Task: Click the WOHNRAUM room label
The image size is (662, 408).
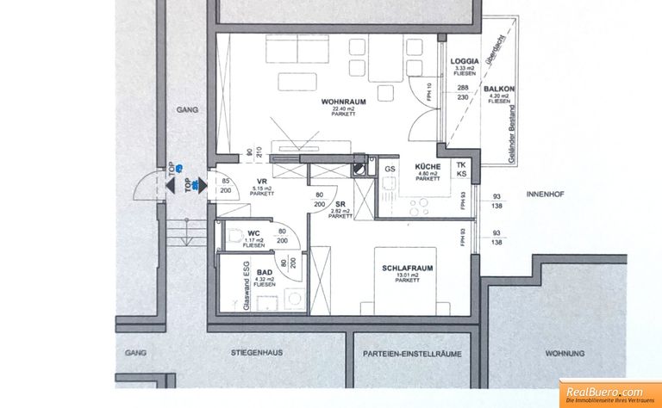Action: coord(339,102)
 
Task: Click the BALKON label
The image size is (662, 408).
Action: coord(499,89)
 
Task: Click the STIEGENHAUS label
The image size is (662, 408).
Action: coord(256,353)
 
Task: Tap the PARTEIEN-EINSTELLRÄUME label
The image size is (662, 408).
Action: coord(412,353)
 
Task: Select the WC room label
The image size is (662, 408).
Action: coord(254,233)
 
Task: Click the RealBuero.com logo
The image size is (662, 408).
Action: coord(611,391)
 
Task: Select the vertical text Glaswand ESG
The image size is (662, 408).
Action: coord(246,283)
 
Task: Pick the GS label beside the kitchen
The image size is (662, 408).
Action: coord(390,169)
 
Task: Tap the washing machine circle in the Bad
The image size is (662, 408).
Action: coord(296,300)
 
